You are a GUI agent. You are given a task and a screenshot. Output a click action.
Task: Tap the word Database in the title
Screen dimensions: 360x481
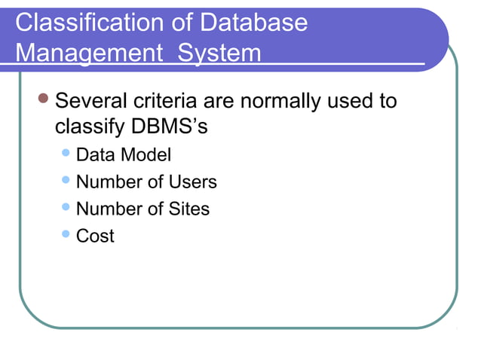(253, 22)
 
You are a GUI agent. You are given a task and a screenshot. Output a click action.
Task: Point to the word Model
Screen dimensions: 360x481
(146, 155)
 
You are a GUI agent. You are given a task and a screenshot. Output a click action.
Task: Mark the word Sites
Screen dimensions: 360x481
(187, 209)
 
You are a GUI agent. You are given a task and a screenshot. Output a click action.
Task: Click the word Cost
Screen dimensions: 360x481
(95, 236)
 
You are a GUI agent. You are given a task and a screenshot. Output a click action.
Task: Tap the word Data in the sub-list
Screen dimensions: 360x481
(96, 155)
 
